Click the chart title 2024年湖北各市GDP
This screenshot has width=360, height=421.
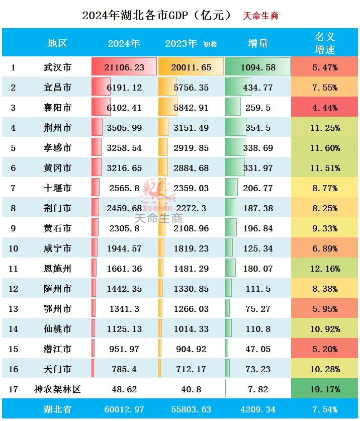click(157, 15)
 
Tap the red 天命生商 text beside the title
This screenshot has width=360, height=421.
click(260, 16)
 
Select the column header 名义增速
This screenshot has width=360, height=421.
click(325, 43)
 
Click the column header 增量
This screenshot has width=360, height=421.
click(258, 43)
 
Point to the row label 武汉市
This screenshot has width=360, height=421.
click(57, 67)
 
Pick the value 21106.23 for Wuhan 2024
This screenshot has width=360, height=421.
click(125, 67)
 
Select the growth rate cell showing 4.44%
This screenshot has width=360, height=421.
click(325, 108)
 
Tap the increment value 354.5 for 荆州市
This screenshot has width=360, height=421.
click(258, 128)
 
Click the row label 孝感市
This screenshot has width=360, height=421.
click(57, 148)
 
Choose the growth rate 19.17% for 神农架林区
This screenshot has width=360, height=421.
click(325, 389)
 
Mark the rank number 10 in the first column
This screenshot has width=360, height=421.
click(14, 248)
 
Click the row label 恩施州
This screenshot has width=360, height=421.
click(57, 269)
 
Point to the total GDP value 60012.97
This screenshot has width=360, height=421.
click(125, 409)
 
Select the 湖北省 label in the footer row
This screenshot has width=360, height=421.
click(57, 409)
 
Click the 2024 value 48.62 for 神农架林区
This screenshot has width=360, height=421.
click(125, 389)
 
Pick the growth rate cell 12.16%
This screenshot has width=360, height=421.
click(325, 269)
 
